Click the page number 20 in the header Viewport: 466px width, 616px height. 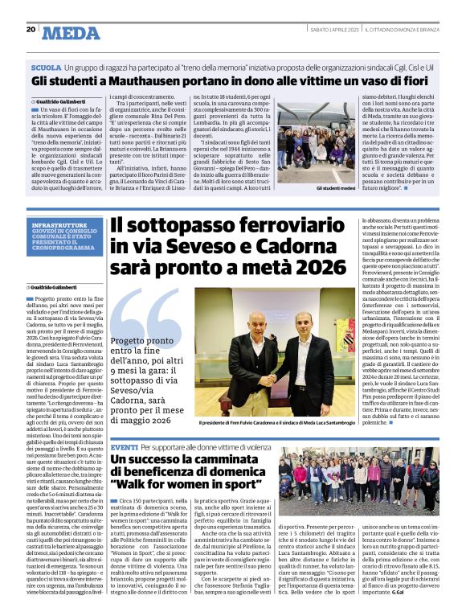point(31,29)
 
